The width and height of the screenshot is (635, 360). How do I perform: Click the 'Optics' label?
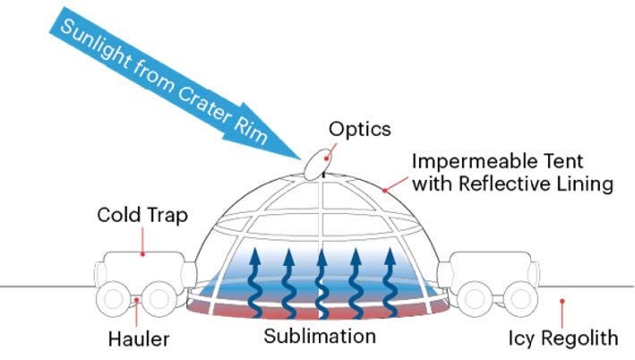[x=360, y=129]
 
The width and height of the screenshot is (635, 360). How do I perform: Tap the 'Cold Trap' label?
[x=142, y=216]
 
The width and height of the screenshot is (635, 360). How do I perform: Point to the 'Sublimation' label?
[x=320, y=337]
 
